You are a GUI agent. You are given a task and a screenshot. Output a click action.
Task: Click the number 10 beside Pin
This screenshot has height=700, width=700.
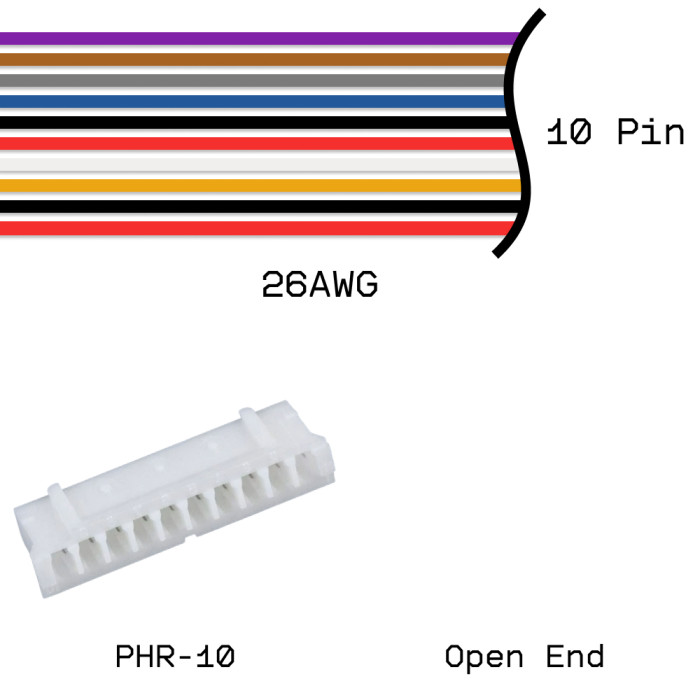coord(569,133)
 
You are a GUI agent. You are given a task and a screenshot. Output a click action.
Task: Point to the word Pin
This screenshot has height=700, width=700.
coord(649,133)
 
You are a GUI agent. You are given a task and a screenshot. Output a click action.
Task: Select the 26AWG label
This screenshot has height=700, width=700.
coord(319,287)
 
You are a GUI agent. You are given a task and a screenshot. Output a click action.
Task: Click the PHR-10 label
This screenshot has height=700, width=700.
coord(175,657)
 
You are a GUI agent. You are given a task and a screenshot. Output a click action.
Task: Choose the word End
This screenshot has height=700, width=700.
coord(575,657)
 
